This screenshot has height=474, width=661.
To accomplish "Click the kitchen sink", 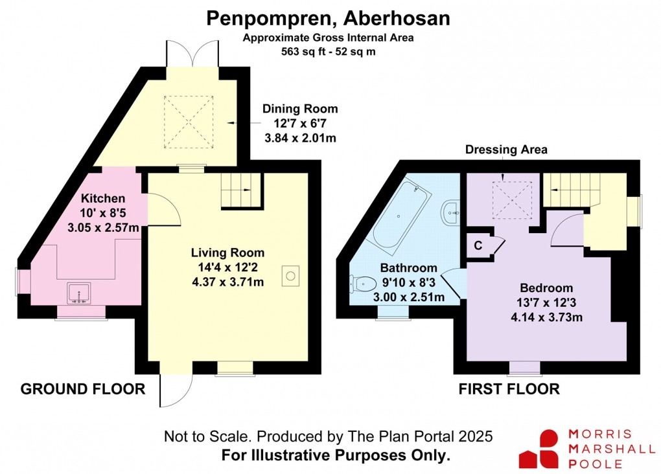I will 78,293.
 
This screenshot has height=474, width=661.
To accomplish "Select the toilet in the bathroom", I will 363,283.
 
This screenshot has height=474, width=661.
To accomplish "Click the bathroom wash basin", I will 451,211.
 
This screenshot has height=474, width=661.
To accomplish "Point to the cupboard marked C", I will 478,245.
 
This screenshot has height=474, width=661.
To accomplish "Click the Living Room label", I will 227,253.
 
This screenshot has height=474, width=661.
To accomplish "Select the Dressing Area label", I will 506,150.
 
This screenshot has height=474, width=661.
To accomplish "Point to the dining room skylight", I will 189,121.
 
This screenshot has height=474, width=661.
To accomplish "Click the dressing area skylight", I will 512,200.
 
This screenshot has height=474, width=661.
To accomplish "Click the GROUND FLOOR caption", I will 82,389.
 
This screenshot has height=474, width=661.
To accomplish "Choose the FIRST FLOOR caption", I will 509,389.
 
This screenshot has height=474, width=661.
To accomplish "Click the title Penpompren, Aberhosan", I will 328,18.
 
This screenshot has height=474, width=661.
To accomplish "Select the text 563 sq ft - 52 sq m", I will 328,51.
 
